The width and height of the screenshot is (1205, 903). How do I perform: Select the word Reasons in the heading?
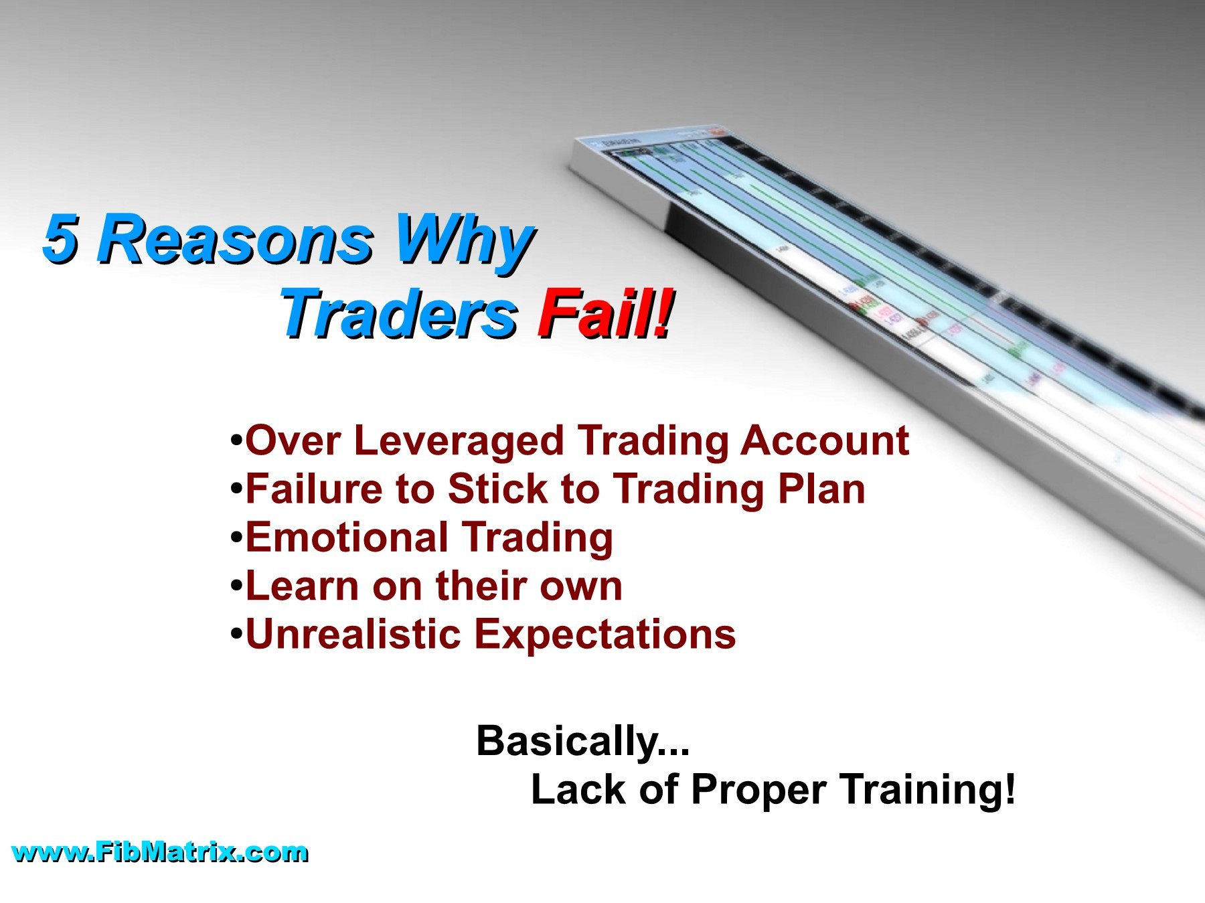(x=234, y=239)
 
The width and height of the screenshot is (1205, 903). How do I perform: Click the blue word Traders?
(x=399, y=315)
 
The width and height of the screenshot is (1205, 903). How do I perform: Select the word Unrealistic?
(x=353, y=634)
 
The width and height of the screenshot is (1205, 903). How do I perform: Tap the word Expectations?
(x=605, y=635)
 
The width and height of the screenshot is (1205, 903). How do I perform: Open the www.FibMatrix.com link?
(x=160, y=853)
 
